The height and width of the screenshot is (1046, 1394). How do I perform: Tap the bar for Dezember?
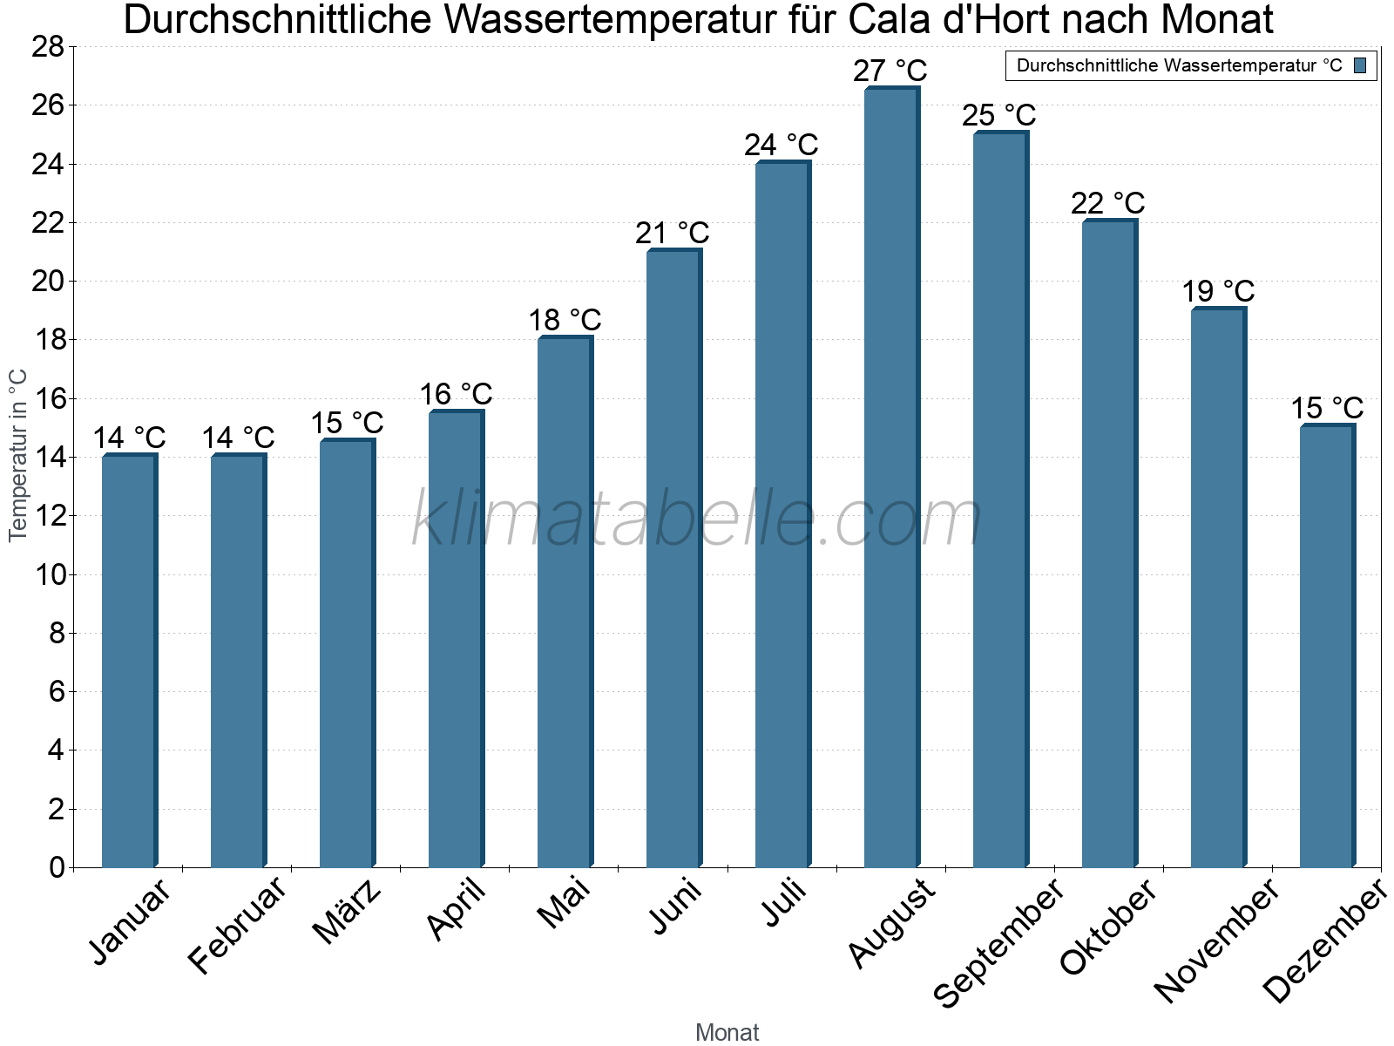(1326, 646)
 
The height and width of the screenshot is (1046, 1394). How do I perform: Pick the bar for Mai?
(564, 602)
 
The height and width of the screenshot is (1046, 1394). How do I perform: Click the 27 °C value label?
(890, 71)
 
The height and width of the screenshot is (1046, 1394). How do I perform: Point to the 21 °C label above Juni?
(672, 234)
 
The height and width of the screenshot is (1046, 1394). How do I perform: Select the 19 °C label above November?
(1217, 291)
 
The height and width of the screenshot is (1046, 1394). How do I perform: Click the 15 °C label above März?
(346, 424)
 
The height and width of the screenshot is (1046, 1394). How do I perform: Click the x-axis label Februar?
(237, 925)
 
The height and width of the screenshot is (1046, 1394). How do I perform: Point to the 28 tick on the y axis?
(48, 47)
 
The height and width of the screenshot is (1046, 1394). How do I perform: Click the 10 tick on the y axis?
(48, 575)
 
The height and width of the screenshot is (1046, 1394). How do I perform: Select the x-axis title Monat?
(727, 1033)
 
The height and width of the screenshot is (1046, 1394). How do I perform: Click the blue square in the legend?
(1360, 65)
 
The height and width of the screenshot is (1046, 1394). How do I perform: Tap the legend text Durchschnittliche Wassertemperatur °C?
(1179, 65)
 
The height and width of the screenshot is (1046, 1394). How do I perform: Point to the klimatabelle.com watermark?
(697, 519)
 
